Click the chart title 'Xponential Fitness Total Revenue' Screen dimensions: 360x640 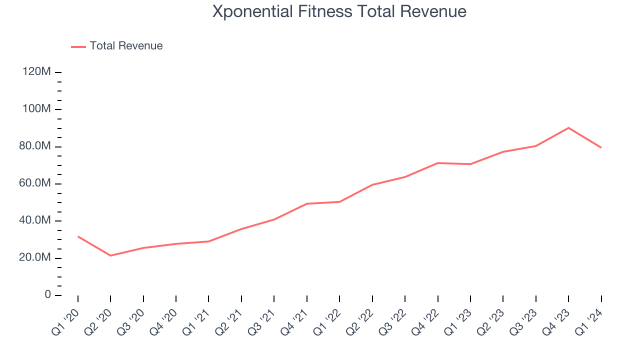click(339, 11)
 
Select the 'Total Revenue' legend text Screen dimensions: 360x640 click(126, 46)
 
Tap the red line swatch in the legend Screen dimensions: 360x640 click(78, 46)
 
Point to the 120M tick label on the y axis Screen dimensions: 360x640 click(36, 72)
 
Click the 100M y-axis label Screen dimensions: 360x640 click(36, 109)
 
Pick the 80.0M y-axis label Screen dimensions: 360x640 click(35, 146)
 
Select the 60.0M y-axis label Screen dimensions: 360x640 click(35, 183)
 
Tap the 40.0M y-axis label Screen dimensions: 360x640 click(35, 220)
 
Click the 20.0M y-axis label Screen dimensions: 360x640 click(35, 257)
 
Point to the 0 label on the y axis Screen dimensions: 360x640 click(48, 295)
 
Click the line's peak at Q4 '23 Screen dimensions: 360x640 click(568, 128)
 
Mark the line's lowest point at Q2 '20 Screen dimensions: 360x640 click(110, 255)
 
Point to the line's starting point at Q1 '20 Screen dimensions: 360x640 click(78, 236)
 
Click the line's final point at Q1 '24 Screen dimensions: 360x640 click(601, 147)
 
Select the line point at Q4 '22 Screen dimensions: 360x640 click(437, 163)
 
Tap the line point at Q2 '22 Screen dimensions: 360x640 click(372, 184)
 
